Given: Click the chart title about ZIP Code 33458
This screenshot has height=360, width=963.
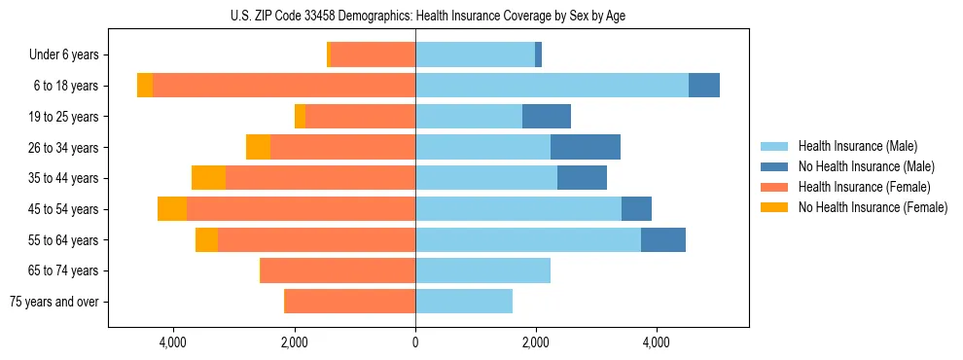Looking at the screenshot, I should (428, 15).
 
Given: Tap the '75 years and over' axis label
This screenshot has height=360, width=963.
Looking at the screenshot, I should (54, 302).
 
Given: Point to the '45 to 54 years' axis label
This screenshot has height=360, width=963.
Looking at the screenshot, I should (66, 209).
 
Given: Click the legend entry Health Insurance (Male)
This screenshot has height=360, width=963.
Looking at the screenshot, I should (857, 146).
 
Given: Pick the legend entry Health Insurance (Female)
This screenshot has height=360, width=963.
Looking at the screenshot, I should (865, 187).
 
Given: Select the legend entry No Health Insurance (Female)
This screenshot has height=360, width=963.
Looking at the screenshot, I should (873, 207).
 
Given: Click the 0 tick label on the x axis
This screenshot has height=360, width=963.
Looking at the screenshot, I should (415, 342).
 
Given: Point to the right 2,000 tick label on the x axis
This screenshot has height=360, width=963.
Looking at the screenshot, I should (535, 342).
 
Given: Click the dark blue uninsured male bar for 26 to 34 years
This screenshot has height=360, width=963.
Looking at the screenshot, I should (585, 147).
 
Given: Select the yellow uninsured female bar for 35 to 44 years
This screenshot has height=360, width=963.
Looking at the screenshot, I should (208, 178).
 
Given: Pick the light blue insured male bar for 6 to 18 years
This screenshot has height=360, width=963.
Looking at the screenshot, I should (552, 86).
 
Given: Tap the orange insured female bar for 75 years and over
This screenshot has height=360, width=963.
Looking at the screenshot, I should (349, 302).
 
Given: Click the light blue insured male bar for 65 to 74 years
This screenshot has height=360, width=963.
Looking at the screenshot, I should (482, 270).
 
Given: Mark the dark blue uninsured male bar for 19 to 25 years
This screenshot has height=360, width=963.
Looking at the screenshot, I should (546, 117).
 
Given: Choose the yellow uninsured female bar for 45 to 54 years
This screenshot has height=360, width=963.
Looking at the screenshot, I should (172, 209).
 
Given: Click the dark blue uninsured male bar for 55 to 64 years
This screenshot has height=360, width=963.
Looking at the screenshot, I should (662, 240).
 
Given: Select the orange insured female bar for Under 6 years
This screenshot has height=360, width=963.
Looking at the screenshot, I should (373, 54).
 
